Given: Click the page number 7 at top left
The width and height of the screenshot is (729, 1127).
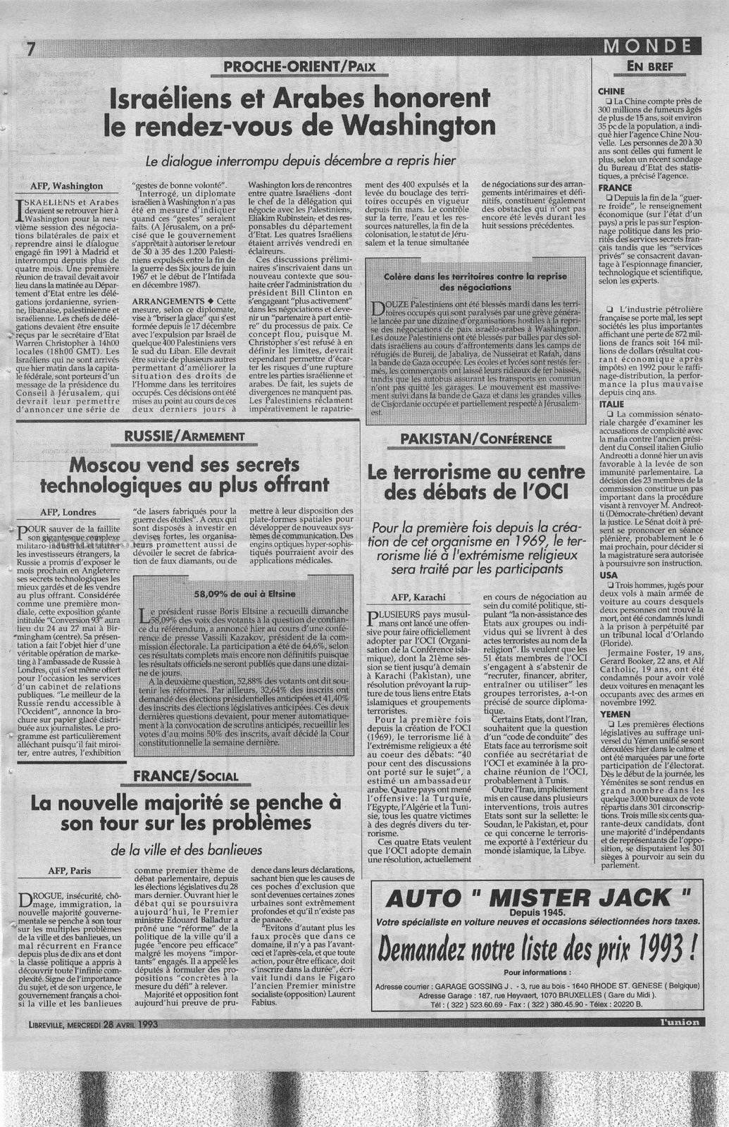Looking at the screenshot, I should [30, 51].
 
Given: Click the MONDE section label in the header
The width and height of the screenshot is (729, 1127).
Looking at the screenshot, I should [645, 47].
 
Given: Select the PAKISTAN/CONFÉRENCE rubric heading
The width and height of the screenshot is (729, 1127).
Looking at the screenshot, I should [475, 440].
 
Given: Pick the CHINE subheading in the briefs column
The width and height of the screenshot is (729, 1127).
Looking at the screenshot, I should [611, 92].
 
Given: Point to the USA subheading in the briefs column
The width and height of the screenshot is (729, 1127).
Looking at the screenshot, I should [607, 575].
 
